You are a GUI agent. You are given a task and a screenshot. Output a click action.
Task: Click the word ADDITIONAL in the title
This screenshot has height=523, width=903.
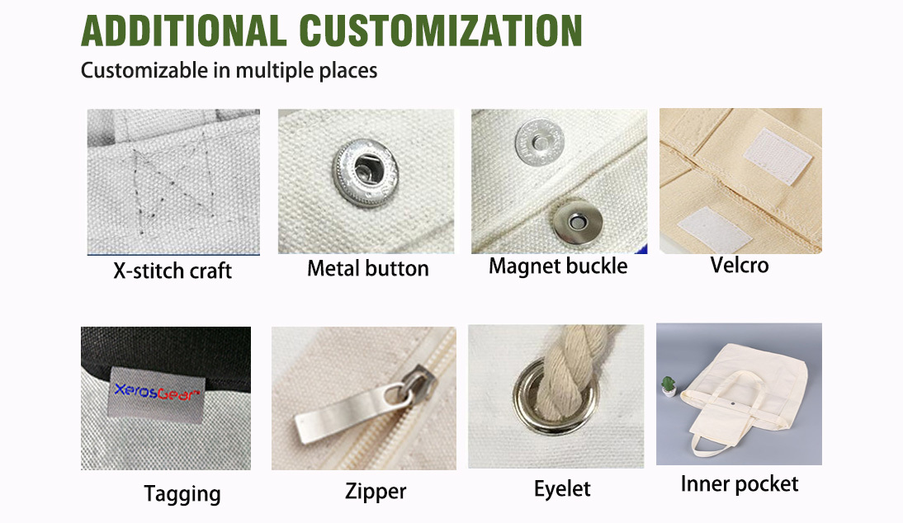point(184,31)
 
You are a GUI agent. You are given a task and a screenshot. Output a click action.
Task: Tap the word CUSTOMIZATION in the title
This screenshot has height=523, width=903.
point(441,31)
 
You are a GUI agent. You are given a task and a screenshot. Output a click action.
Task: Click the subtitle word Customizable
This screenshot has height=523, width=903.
point(144,71)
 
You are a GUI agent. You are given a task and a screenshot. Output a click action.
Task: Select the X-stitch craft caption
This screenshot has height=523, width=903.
point(173,271)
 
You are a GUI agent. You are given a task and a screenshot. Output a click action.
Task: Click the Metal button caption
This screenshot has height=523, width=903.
point(368,269)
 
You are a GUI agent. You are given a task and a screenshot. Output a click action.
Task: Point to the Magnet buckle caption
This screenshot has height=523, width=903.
point(558,266)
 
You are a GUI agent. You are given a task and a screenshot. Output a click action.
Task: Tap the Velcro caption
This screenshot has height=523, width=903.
point(740,266)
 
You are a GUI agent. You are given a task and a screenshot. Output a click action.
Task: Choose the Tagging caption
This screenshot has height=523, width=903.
point(182,494)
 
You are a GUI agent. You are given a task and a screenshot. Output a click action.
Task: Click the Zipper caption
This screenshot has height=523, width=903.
point(376,492)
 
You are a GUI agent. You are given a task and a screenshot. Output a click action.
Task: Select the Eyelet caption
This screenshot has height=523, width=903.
point(562,489)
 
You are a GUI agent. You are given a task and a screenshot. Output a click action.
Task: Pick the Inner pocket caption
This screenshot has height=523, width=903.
point(740,484)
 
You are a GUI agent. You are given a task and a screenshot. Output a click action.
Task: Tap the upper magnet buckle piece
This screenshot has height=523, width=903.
point(539,142)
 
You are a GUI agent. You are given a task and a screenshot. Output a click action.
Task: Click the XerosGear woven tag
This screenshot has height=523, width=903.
point(155,394)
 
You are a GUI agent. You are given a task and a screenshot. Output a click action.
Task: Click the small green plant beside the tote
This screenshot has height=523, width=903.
point(668,386)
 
